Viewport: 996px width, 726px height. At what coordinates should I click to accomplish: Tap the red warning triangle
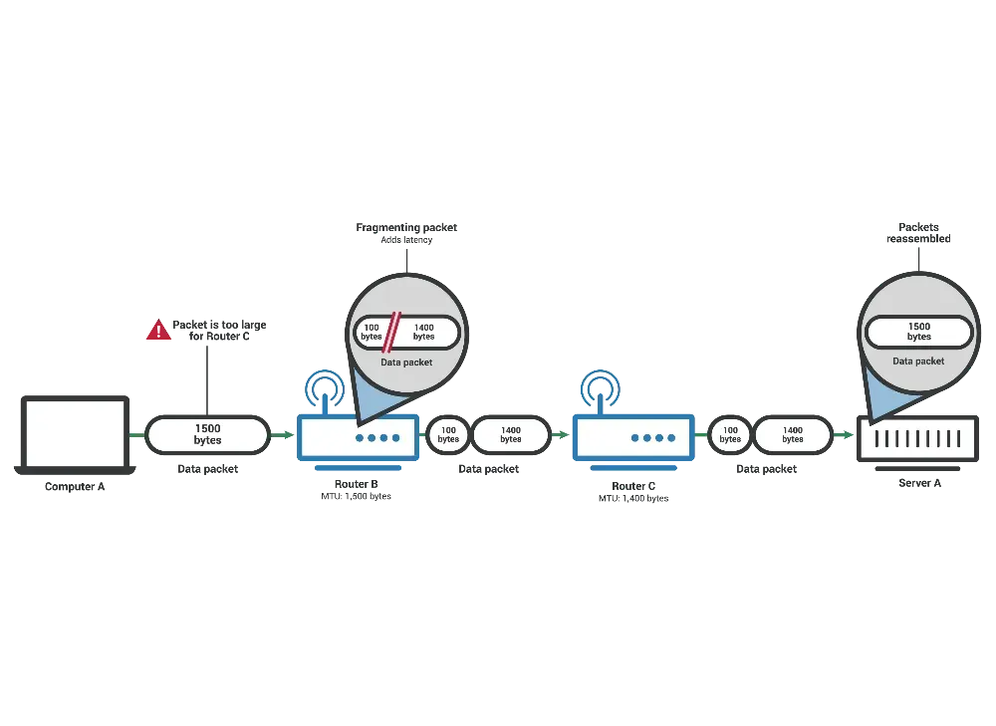tap(158, 331)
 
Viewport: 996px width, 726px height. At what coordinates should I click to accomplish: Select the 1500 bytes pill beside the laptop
tap(208, 434)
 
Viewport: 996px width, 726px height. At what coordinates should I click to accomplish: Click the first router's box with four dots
tap(357, 436)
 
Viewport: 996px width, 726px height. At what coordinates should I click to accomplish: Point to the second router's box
tap(629, 436)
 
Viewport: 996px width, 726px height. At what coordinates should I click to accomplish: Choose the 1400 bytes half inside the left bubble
tap(425, 332)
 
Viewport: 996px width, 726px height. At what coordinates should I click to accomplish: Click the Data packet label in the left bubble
tap(406, 363)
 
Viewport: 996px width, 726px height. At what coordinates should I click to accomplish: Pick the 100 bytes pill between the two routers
tap(448, 434)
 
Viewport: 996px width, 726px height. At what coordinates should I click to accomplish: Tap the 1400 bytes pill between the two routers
tap(511, 434)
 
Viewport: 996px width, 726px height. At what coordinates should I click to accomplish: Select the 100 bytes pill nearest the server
tap(730, 434)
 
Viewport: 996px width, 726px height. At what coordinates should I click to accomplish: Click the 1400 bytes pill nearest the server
tap(793, 434)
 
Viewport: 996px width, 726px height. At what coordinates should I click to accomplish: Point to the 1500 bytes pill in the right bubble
tap(918, 332)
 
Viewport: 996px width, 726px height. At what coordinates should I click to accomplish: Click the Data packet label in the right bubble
tap(918, 362)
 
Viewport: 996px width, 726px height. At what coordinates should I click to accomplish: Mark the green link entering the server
tap(845, 435)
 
